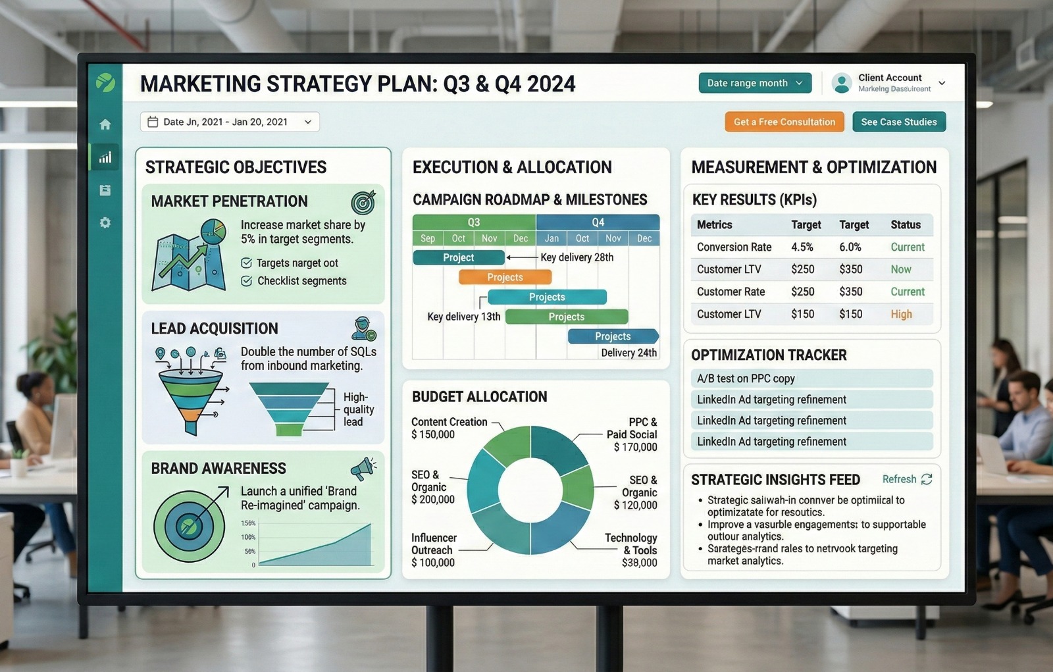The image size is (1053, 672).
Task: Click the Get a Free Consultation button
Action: [x=784, y=122]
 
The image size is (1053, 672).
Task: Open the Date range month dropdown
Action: [x=754, y=83]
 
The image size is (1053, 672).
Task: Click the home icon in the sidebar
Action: [x=105, y=124]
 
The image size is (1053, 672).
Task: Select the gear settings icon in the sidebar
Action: [x=105, y=223]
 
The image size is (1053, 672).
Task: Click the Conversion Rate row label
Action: [x=734, y=247]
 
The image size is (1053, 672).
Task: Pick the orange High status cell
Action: [x=901, y=314]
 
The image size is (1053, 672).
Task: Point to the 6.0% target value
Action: [x=850, y=247]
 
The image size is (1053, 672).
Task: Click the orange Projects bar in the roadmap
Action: [x=505, y=277]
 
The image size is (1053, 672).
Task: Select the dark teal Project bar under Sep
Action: [x=458, y=257]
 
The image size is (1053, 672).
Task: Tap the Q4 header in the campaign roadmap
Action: [x=598, y=222]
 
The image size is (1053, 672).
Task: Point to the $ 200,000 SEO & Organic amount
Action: [x=432, y=500]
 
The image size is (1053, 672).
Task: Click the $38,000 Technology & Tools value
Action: [x=639, y=563]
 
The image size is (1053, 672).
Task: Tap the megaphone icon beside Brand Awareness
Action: [x=363, y=468]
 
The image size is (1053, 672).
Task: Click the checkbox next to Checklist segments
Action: [x=247, y=281]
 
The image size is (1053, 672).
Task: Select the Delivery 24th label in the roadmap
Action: [x=629, y=353]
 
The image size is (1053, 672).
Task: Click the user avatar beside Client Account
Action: [x=841, y=83]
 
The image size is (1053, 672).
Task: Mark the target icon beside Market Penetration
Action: [x=363, y=202]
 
